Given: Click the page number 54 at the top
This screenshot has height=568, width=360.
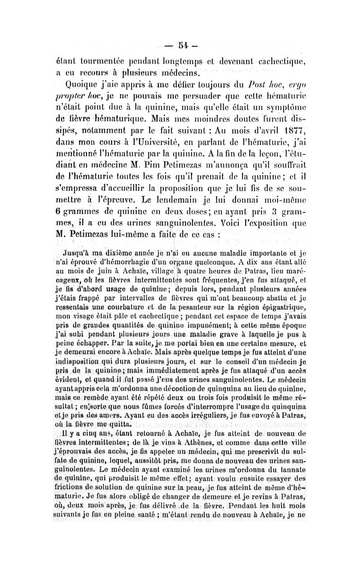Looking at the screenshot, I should coord(180,45).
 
